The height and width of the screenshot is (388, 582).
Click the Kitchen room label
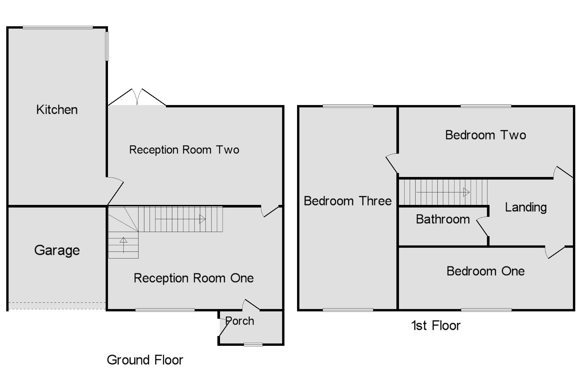pyautogui.click(x=57, y=110)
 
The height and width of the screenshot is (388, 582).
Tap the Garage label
pyautogui.click(x=57, y=250)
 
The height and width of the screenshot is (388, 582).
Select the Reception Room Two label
pyautogui.click(x=184, y=150)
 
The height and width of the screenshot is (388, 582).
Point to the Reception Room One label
pyautogui.click(x=194, y=278)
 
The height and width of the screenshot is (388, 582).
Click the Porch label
pyautogui.click(x=240, y=321)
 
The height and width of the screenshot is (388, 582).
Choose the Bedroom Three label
pyautogui.click(x=348, y=201)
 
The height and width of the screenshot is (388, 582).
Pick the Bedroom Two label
pyautogui.click(x=486, y=135)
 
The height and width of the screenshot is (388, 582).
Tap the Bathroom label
pyautogui.click(x=443, y=219)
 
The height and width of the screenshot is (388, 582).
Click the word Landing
pyautogui.click(x=526, y=207)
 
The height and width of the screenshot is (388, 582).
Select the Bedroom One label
pyautogui.click(x=486, y=271)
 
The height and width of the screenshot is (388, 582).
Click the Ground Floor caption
pyautogui.click(x=145, y=360)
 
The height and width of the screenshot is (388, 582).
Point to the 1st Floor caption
pyautogui.click(x=436, y=326)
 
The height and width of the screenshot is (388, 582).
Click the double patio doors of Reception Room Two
pyautogui.click(x=137, y=98)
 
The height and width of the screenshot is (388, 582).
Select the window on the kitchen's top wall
pyautogui.click(x=58, y=28)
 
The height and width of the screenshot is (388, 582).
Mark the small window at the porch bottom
pyautogui.click(x=253, y=345)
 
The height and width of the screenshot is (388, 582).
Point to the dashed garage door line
pyautogui.click(x=57, y=306)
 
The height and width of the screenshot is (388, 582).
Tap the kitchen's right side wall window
pyautogui.click(x=107, y=46)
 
